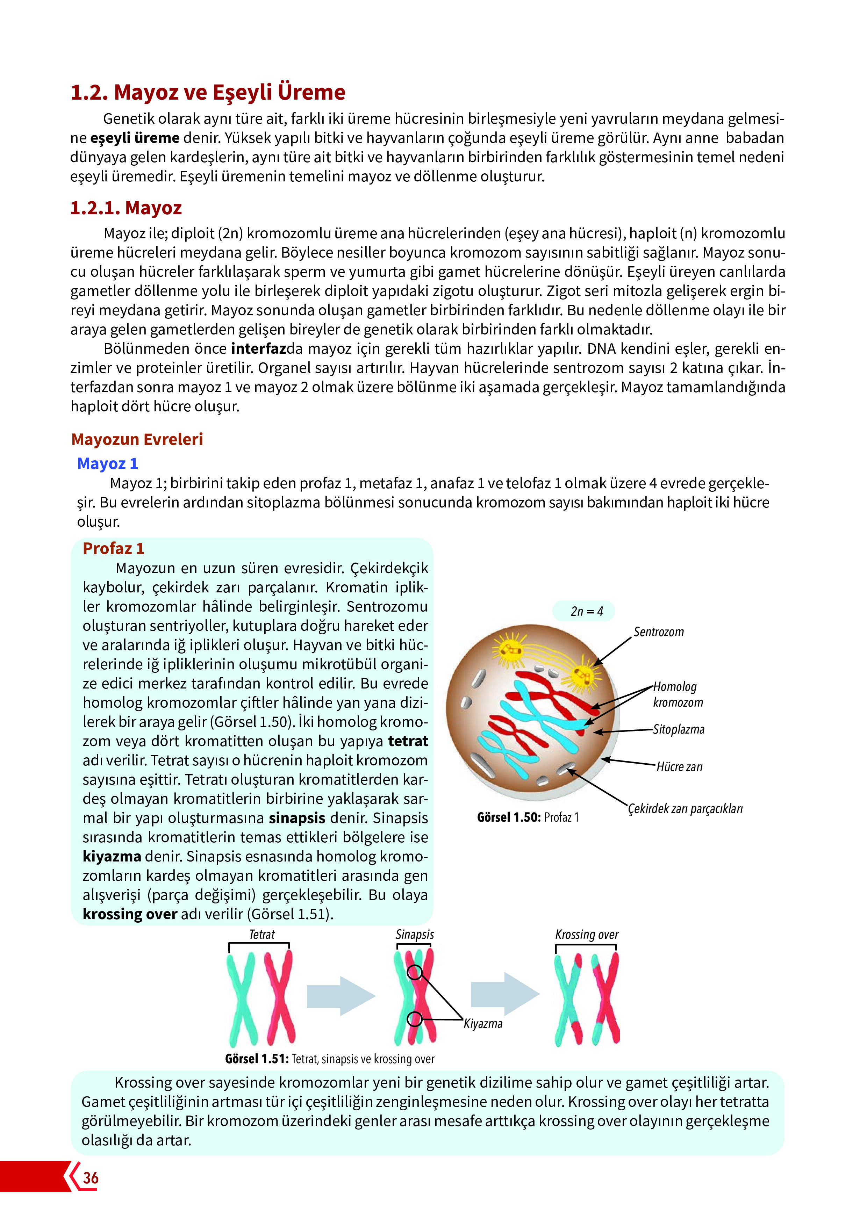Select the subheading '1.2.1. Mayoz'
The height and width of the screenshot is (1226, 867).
[126, 208]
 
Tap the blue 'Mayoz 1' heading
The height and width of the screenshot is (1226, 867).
[107, 463]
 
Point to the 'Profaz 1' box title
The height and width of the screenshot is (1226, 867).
[113, 548]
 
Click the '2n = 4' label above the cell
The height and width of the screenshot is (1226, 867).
[587, 611]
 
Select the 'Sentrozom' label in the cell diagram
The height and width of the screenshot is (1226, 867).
[658, 632]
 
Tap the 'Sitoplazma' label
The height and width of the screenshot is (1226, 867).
[679, 729]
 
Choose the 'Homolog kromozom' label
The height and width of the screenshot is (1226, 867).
[678, 694]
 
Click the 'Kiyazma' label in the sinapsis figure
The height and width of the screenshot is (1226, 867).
[483, 1024]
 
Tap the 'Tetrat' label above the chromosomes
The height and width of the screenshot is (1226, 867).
[262, 935]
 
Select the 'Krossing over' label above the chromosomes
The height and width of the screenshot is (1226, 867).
[587, 935]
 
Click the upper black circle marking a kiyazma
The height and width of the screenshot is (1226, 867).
[414, 972]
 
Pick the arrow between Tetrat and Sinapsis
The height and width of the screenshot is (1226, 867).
[341, 996]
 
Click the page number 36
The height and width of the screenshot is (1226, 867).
[91, 1178]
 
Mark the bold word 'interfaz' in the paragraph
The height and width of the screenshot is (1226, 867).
[259, 349]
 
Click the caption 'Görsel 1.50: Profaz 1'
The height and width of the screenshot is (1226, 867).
[528, 817]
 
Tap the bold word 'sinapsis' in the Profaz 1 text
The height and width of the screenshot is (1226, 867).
[297, 818]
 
